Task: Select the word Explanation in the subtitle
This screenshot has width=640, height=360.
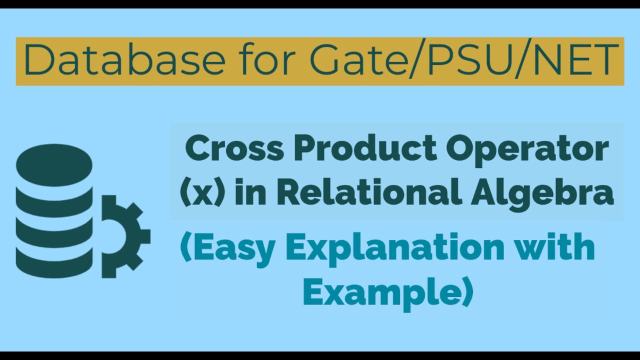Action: tap(400, 249)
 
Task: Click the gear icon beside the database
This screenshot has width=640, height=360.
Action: tap(123, 236)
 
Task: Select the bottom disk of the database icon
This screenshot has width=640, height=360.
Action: tap(54, 260)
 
